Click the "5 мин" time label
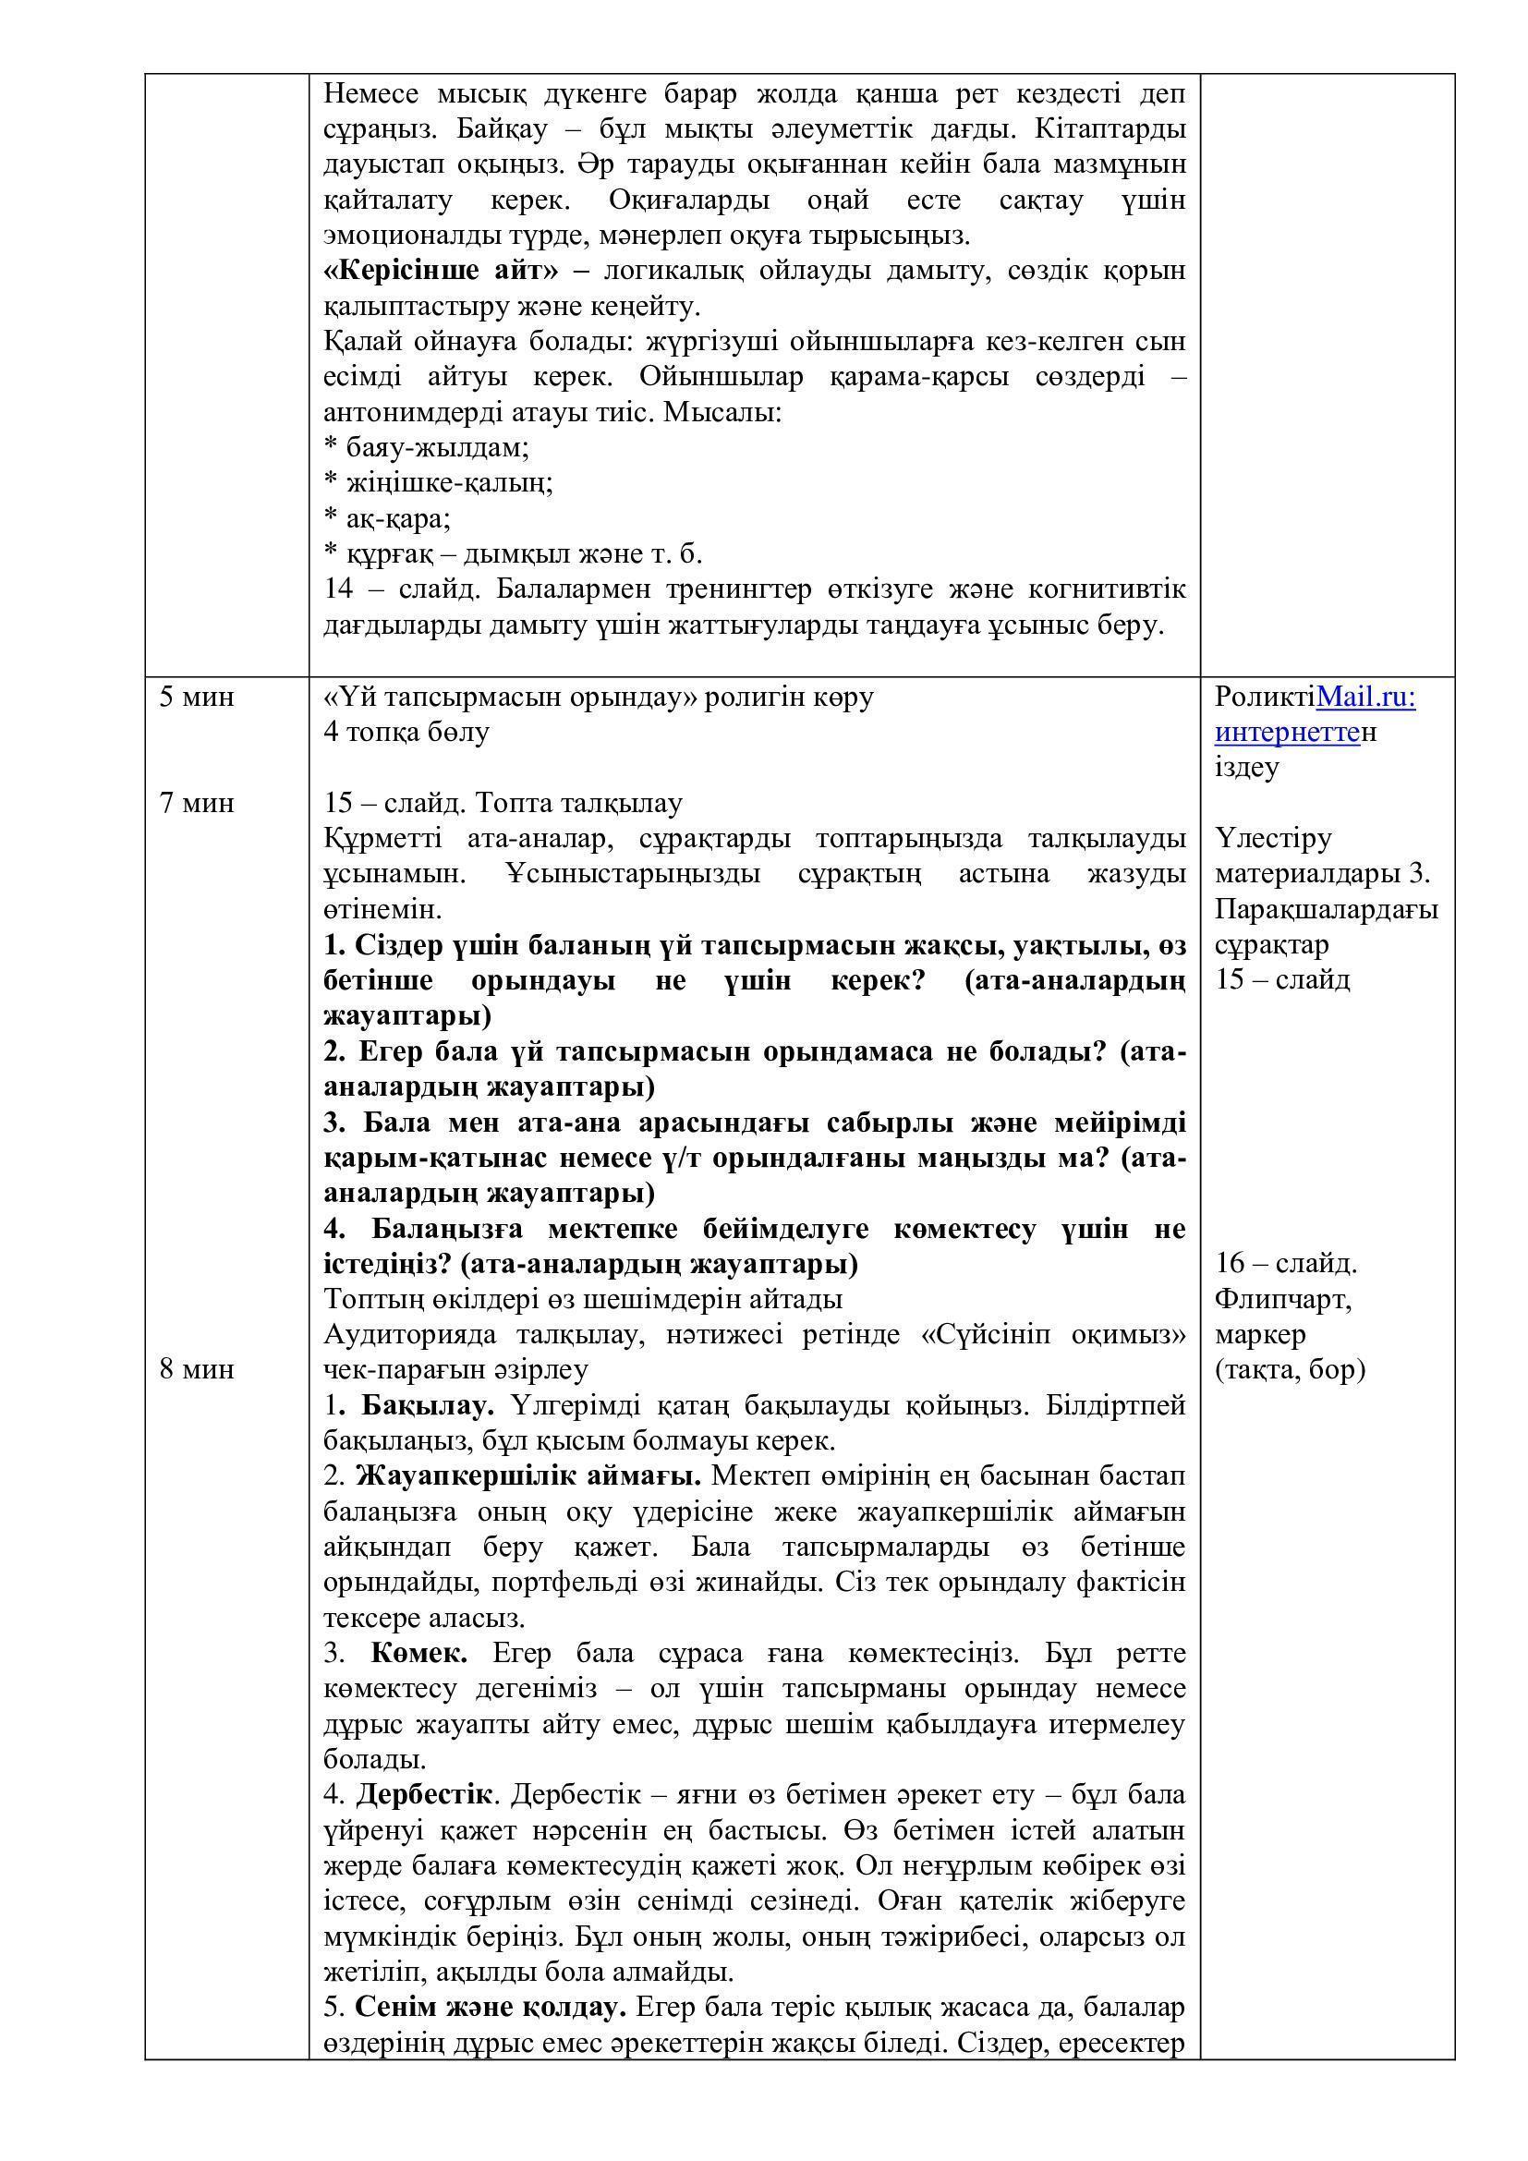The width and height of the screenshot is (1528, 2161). pyautogui.click(x=197, y=698)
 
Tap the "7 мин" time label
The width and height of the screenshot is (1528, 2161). pyautogui.click(x=197, y=803)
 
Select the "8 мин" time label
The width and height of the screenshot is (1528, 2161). pyautogui.click(x=197, y=1368)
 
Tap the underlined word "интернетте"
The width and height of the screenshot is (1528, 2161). pyautogui.click(x=1287, y=733)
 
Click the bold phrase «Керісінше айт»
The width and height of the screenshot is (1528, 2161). pyautogui.click(x=441, y=270)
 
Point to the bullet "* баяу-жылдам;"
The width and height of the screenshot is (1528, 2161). pyautogui.click(x=426, y=446)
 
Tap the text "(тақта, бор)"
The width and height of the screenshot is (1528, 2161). pyautogui.click(x=1289, y=1369)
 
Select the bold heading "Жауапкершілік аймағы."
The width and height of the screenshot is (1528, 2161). pyautogui.click(x=528, y=1476)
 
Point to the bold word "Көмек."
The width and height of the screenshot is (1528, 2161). pyautogui.click(x=419, y=1654)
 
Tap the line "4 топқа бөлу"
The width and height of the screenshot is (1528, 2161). pyautogui.click(x=406, y=733)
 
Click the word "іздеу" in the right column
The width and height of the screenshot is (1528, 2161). pyautogui.click(x=1246, y=768)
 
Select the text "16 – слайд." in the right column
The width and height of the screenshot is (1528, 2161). pyautogui.click(x=1285, y=1263)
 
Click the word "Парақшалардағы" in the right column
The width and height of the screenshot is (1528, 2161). pyautogui.click(x=1326, y=909)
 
